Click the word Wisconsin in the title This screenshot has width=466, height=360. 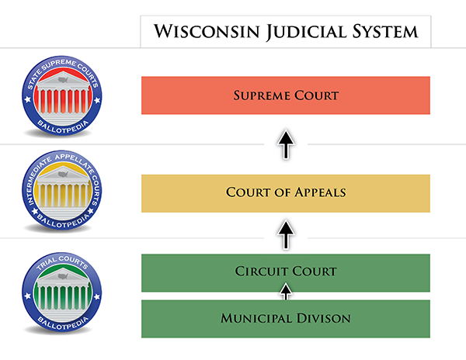tap(207, 31)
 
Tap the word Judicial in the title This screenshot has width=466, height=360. tap(307, 32)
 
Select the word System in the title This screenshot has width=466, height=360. tap(385, 31)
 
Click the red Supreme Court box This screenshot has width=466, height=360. tap(286, 95)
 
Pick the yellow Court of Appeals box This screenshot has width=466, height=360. tap(286, 193)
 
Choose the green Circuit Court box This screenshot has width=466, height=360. tap(286, 273)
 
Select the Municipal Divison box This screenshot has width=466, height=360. tap(286, 319)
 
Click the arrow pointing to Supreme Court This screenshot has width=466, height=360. tap(286, 144)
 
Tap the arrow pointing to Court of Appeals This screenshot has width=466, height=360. tap(286, 235)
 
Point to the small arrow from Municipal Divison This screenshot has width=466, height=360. tap(286, 292)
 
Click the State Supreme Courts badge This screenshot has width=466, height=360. tap(62, 95)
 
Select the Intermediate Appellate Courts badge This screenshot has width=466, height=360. tap(62, 190)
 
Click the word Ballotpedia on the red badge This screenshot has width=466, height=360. tap(63, 127)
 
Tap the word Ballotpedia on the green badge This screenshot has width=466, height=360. tap(63, 324)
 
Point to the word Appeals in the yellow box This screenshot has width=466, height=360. tap(320, 192)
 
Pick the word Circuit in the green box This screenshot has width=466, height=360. tap(262, 272)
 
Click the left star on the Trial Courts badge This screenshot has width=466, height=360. tap(28, 296)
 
